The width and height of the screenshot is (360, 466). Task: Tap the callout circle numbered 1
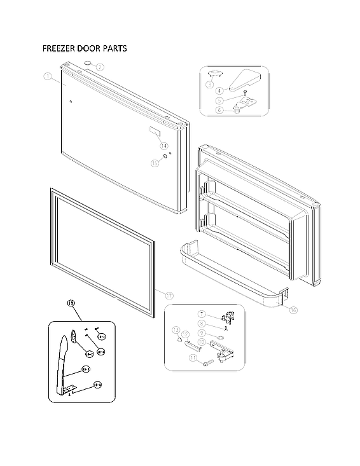click(47, 77)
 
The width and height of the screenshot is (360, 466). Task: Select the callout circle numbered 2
click(100, 67)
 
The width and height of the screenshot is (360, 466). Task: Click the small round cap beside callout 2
click(87, 64)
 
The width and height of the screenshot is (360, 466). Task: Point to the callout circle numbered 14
click(163, 145)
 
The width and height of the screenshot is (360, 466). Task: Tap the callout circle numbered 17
click(169, 296)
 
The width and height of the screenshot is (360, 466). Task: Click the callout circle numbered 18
click(71, 304)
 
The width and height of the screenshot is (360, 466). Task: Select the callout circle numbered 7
click(202, 314)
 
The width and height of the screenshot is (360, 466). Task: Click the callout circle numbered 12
click(186, 334)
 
